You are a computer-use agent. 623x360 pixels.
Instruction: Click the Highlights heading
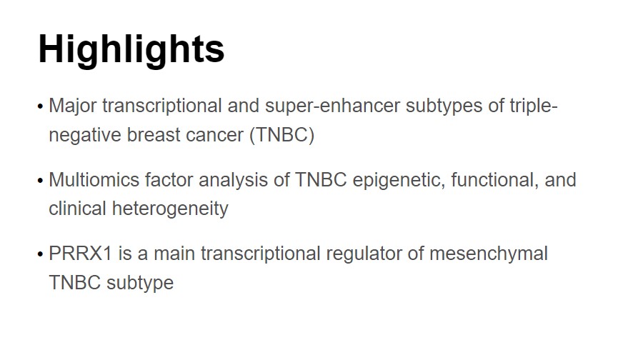coord(131,49)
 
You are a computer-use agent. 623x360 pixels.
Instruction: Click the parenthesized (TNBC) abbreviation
coord(281,135)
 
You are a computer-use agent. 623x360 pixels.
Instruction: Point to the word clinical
coord(76,209)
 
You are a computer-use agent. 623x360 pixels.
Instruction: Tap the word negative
coord(80,135)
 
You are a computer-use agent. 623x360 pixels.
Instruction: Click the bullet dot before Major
coord(40,107)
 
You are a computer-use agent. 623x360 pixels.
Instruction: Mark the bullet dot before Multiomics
coord(40,180)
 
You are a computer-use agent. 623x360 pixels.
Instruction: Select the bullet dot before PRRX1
coord(40,254)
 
